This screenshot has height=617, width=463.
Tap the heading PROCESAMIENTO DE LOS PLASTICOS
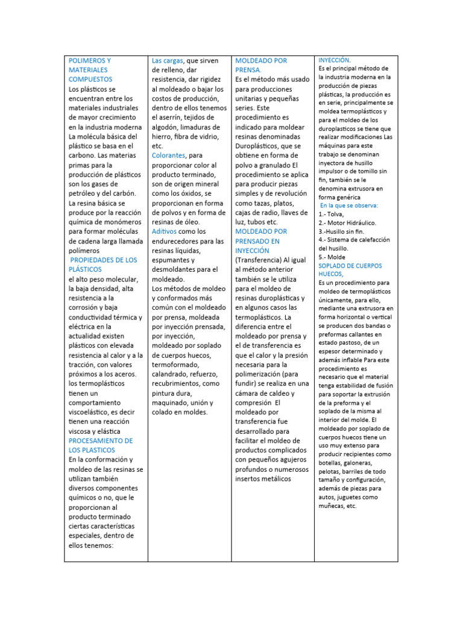point(101,445)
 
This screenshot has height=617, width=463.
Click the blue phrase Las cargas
point(168,61)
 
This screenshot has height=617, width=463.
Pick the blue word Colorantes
point(168,155)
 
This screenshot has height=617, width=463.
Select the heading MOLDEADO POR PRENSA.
point(260,65)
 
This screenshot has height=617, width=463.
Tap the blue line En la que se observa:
point(349,205)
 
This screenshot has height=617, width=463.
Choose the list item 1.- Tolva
point(331,214)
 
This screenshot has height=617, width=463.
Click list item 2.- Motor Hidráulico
point(347,222)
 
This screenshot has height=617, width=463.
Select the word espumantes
point(172,260)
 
